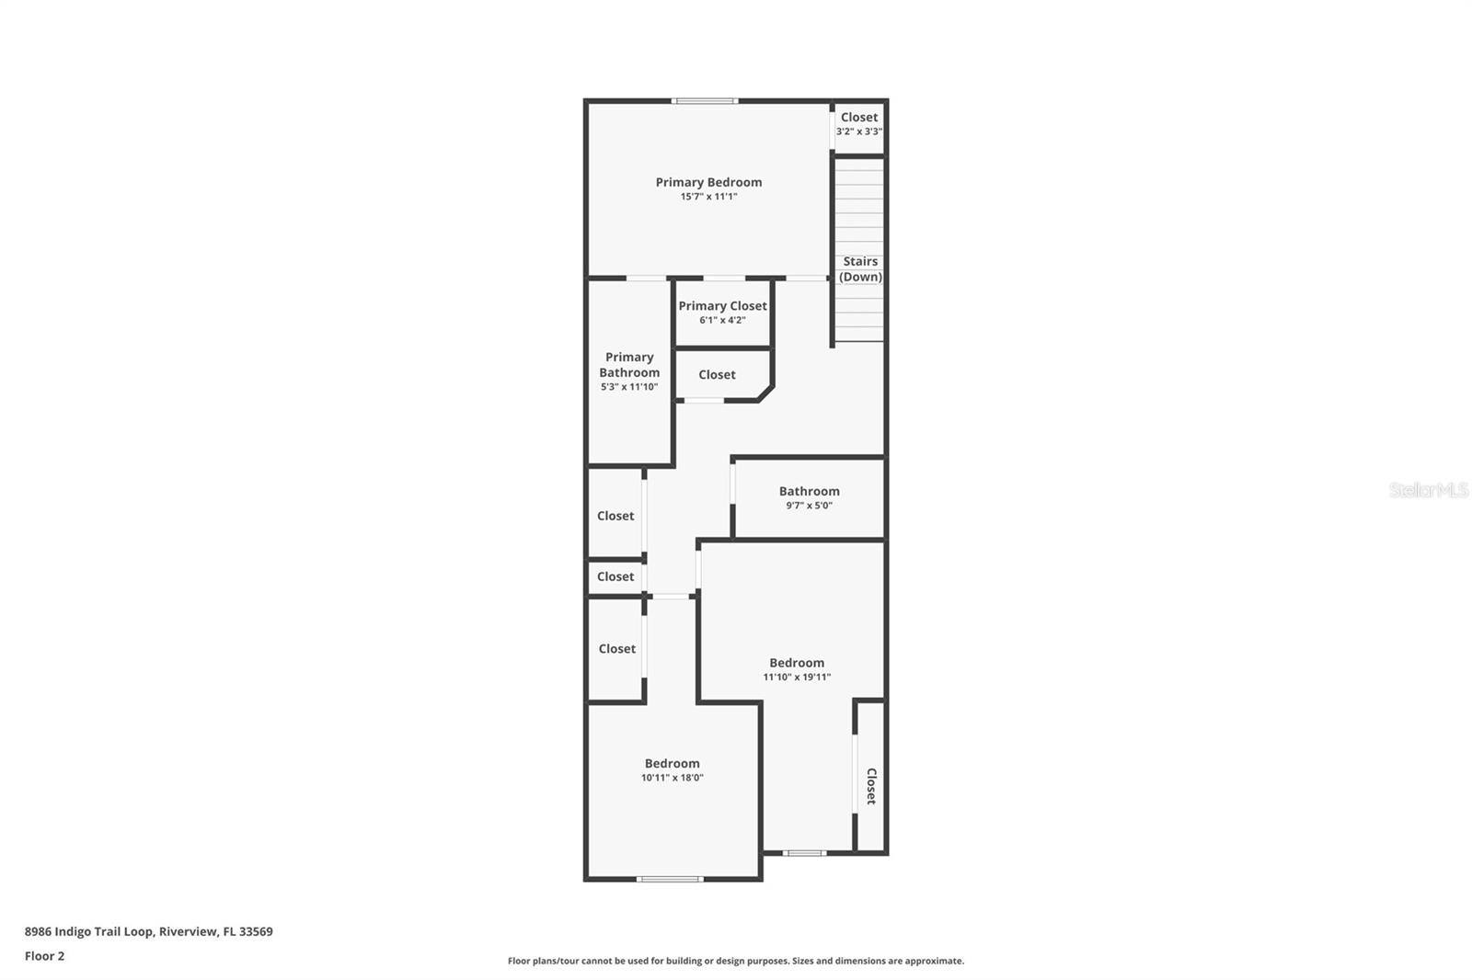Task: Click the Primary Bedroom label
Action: (708, 182)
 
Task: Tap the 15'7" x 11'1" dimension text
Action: (708, 197)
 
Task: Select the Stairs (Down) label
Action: (860, 268)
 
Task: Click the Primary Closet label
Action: (722, 306)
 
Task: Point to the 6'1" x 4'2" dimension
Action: (722, 320)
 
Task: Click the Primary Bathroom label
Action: (629, 365)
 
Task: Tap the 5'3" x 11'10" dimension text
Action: (629, 387)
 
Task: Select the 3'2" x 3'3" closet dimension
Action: (859, 131)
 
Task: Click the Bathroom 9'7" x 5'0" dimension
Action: (809, 505)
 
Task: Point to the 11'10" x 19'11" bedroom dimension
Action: (797, 678)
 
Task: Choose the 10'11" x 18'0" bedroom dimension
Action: (673, 778)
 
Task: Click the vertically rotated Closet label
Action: (871, 786)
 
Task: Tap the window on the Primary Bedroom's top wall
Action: (705, 101)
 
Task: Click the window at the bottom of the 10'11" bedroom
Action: (671, 879)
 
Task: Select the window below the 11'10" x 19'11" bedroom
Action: (804, 853)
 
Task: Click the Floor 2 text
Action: (45, 956)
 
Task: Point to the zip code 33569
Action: (257, 931)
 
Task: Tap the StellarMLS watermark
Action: (1429, 489)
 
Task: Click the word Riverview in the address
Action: (189, 931)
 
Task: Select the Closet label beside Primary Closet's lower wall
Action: (717, 374)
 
